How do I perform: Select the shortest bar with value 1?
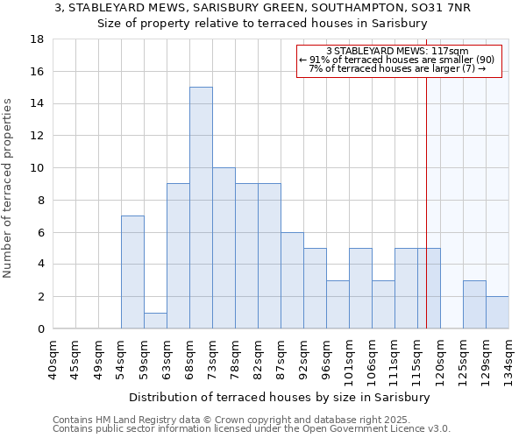pos(155,321)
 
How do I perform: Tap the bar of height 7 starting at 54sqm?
pos(132,272)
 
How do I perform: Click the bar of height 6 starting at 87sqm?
pos(292,280)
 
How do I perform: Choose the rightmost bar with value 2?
pos(497,313)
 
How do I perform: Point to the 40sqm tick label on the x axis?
pos(53,357)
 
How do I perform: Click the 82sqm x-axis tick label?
pos(258,357)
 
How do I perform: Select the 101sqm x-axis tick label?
pos(349,358)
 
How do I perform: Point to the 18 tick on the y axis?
pos(39,39)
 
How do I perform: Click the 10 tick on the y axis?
pos(39,168)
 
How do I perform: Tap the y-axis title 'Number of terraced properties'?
pos(9,188)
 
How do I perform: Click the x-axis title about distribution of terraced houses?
pos(281,397)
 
